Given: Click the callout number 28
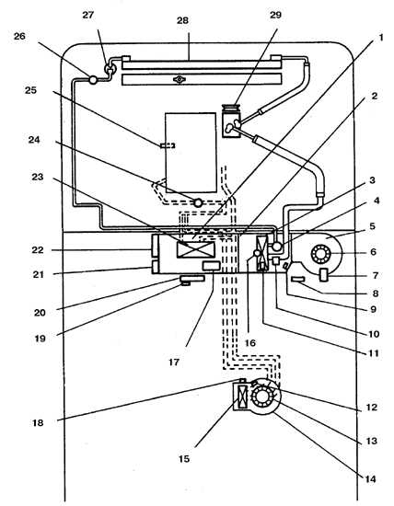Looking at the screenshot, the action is click(x=182, y=20).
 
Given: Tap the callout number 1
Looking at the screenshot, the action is click(x=381, y=38).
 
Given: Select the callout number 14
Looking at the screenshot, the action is click(x=370, y=479).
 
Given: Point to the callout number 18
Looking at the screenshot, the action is click(x=38, y=422).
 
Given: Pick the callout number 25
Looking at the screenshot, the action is click(x=31, y=90).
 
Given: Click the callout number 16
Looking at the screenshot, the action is click(x=250, y=343).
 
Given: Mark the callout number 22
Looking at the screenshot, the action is click(x=38, y=250).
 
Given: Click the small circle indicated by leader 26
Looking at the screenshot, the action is click(x=93, y=79).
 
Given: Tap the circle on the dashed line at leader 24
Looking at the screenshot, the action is click(x=198, y=203).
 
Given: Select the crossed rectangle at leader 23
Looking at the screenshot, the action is click(x=196, y=249).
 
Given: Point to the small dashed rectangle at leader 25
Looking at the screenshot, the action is click(x=168, y=145).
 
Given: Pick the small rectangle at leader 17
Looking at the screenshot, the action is click(x=211, y=266).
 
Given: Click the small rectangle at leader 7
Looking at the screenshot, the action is click(x=324, y=275).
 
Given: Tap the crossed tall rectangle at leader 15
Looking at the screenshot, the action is click(x=241, y=397).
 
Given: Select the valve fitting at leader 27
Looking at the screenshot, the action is click(x=109, y=68).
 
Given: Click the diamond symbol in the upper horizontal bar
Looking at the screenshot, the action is click(x=179, y=79).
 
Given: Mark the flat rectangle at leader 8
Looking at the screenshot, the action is click(x=297, y=279).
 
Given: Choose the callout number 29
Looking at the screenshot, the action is click(x=275, y=15).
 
